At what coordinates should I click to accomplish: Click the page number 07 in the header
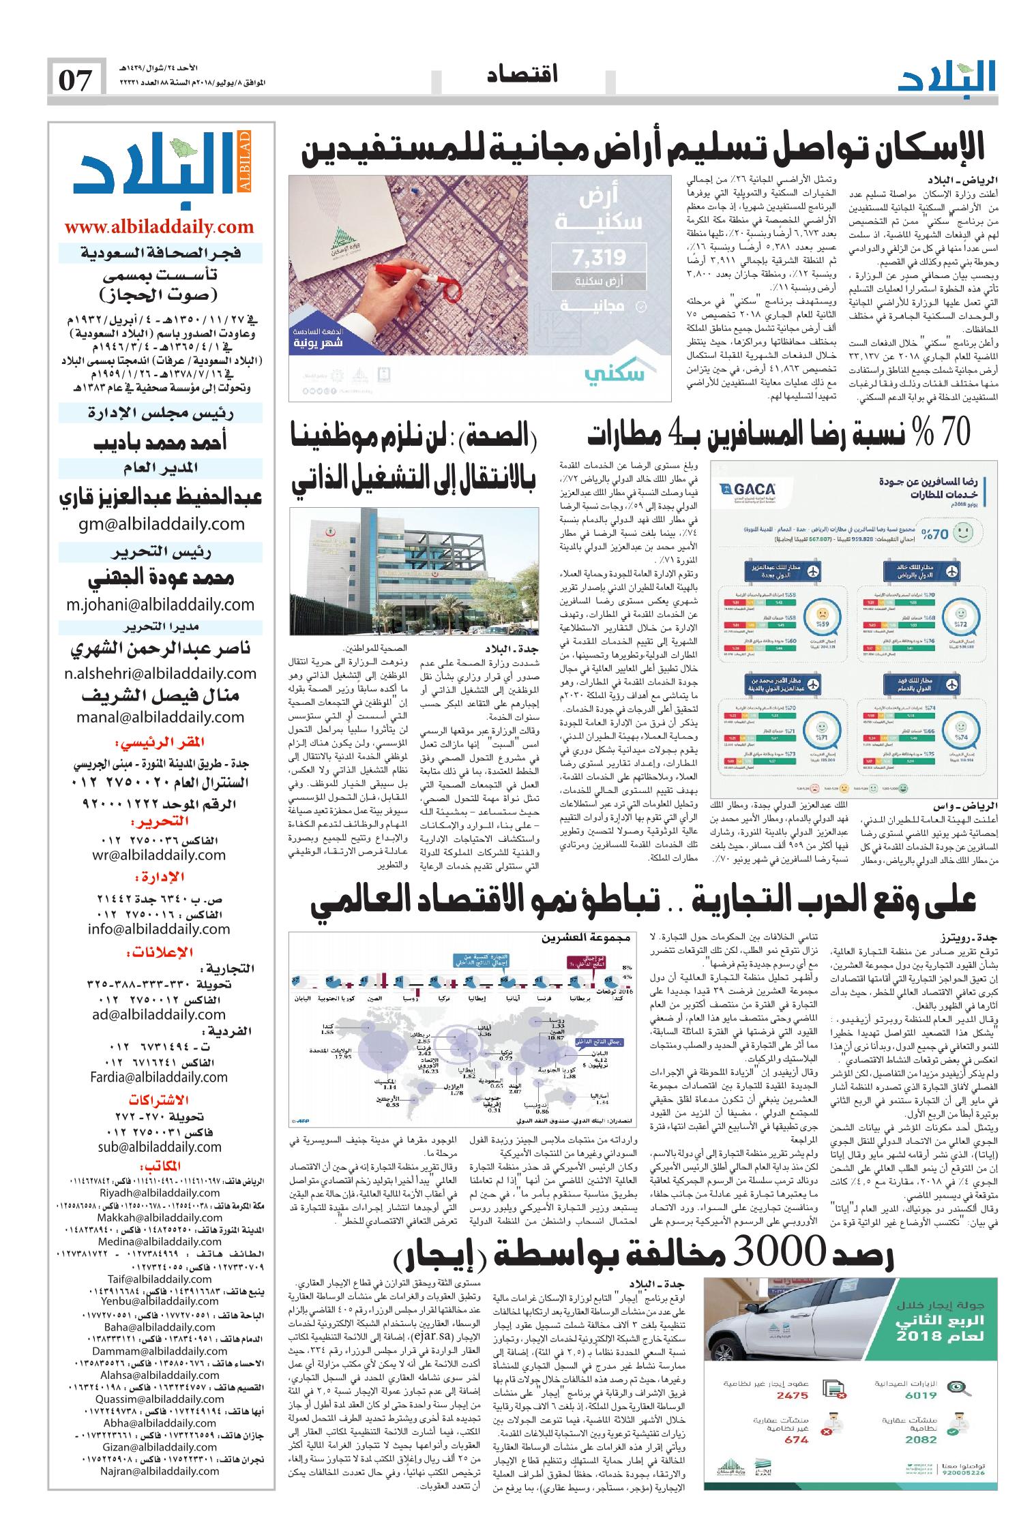pyautogui.click(x=76, y=80)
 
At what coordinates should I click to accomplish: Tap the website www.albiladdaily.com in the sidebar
pyautogui.click(x=159, y=226)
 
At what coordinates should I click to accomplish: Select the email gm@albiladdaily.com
pyautogui.click(x=161, y=524)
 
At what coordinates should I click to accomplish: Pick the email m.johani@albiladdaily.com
pyautogui.click(x=160, y=605)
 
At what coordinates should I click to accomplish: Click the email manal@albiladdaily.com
pyautogui.click(x=161, y=716)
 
